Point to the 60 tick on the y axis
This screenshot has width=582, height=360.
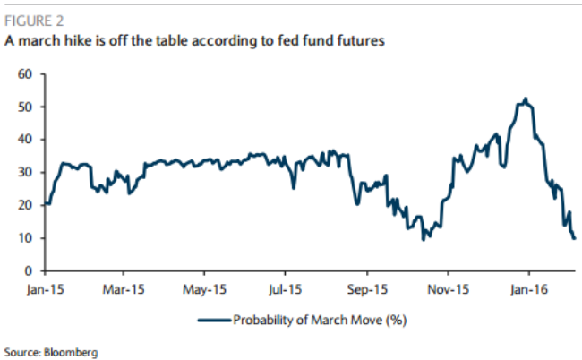(25, 73)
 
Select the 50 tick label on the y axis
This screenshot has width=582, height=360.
(25, 107)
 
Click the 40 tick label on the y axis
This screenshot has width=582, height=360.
(25, 140)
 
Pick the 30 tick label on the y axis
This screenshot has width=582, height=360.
(25, 172)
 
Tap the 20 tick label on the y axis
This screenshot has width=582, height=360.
(25, 205)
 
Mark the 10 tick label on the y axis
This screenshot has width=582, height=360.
(25, 238)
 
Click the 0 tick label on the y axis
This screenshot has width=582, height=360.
(29, 271)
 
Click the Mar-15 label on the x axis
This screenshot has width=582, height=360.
(124, 289)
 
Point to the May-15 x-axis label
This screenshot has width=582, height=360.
(204, 289)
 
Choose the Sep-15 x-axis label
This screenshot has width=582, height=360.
(367, 289)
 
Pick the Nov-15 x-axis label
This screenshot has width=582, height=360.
(449, 289)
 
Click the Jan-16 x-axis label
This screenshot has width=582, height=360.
(528, 289)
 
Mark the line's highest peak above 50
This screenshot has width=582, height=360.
(526, 99)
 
